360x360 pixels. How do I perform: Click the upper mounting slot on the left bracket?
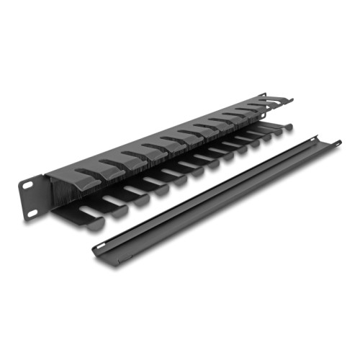(27, 184)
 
